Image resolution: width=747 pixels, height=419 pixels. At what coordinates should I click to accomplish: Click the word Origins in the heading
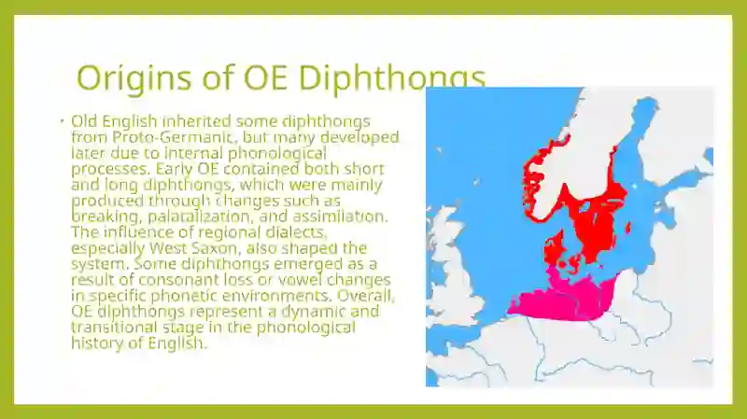click(134, 78)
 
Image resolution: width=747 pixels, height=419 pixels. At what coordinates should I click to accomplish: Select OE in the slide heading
click(265, 77)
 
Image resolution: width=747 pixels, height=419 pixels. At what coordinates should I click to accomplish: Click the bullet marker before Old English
click(63, 121)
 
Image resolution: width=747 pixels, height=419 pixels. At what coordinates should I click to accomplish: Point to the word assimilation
click(340, 216)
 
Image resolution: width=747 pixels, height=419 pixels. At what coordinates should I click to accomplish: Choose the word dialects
click(297, 232)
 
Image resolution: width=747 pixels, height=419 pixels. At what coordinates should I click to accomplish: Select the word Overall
click(366, 296)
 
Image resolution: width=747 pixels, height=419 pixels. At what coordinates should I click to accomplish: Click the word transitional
click(114, 328)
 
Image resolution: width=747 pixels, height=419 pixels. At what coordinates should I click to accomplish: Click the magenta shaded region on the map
click(562, 300)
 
